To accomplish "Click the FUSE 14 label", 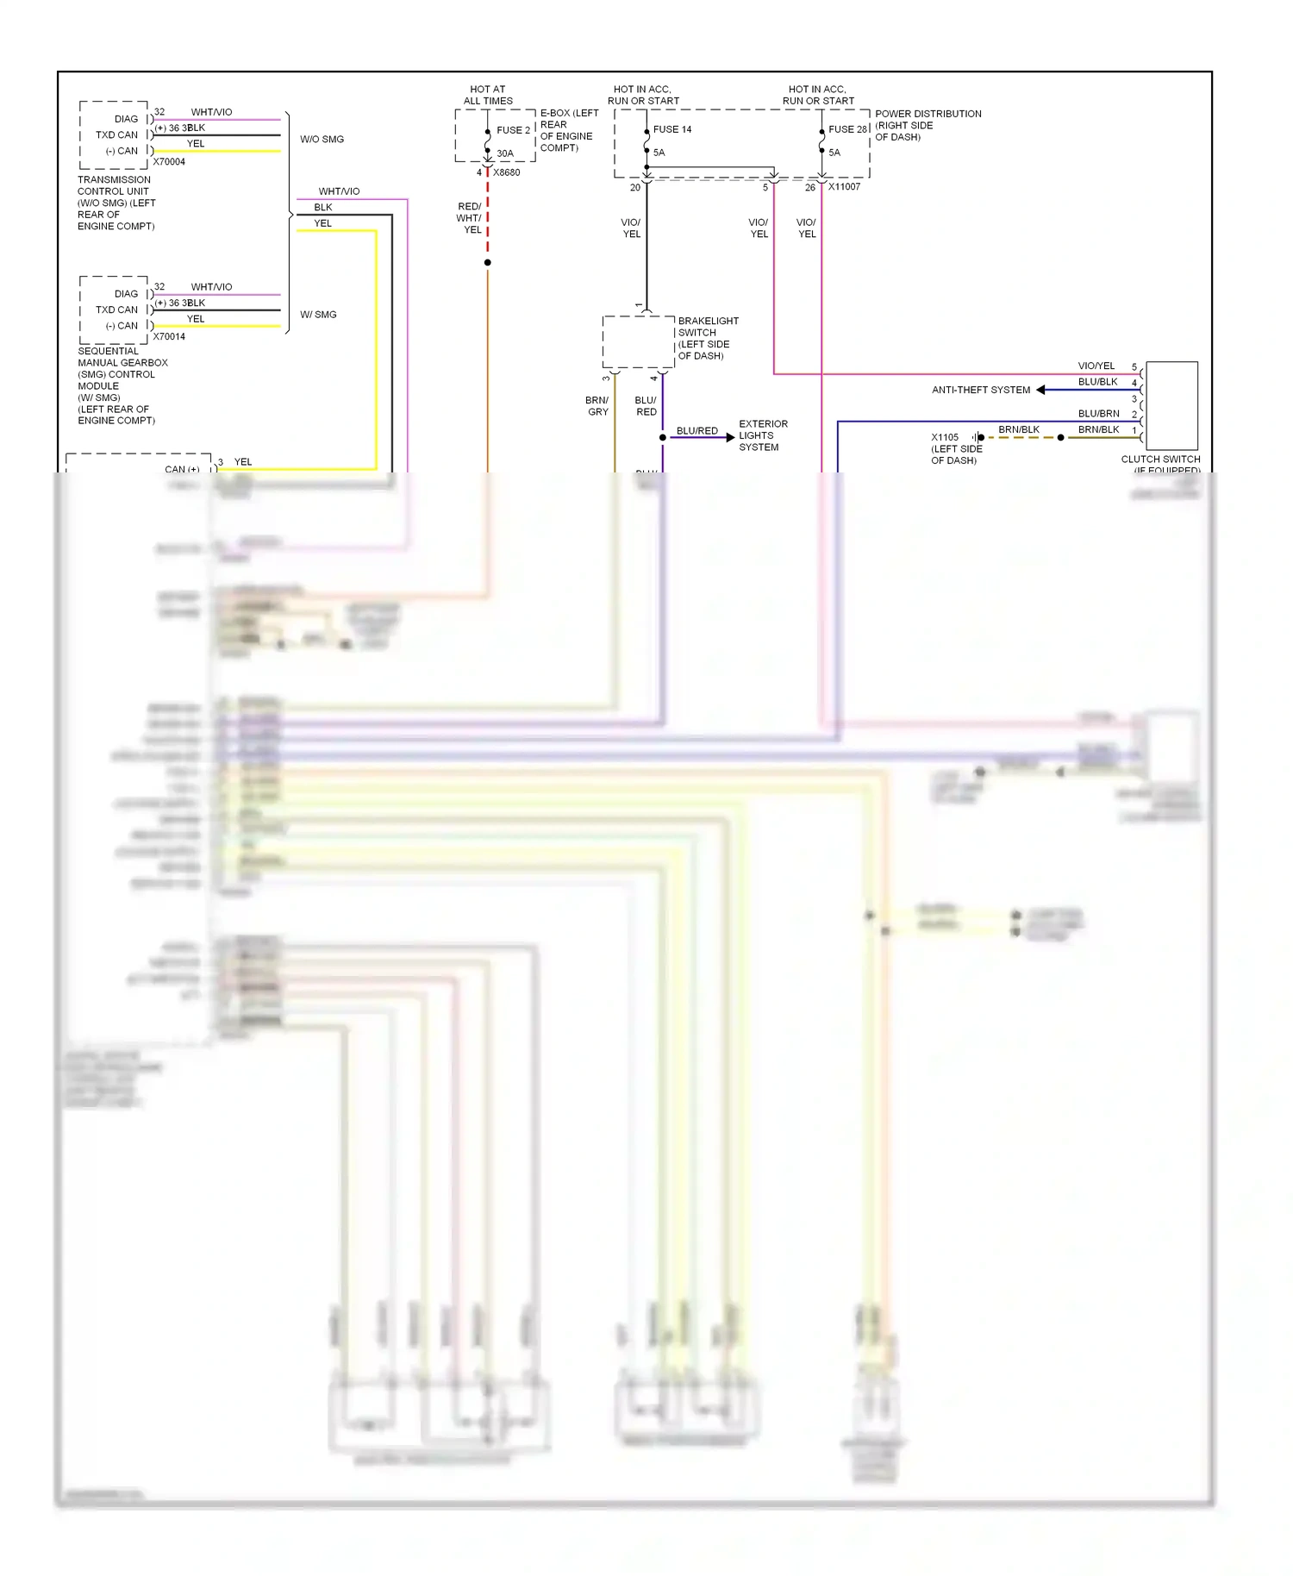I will [672, 129].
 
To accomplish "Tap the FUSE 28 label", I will [847, 129].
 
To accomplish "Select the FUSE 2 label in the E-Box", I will [513, 130].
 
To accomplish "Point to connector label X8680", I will [507, 172].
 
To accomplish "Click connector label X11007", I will [845, 186].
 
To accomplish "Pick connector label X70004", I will [169, 162].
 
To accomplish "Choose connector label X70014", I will [169, 337].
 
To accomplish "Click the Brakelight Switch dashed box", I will [638, 342].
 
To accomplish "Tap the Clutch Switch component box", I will [1171, 405].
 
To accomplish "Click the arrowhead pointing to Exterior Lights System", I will [730, 438].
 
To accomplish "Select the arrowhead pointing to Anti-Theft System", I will [1041, 390].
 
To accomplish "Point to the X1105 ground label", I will [945, 437].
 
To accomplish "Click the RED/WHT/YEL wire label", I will [470, 218].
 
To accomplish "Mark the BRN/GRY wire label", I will [597, 406].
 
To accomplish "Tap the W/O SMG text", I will [322, 139].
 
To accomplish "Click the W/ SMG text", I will [318, 315].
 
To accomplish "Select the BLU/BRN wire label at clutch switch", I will [1098, 414].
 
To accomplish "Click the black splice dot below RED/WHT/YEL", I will [488, 262].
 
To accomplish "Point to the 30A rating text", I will [505, 153].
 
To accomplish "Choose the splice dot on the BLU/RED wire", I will [663, 438].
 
